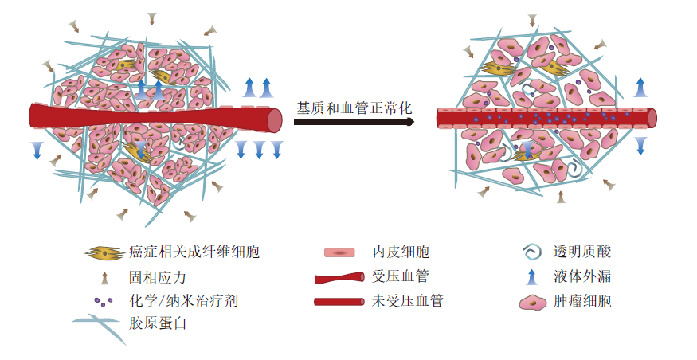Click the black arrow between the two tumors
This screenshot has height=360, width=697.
pos(354,122)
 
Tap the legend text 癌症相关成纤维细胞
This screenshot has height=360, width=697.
pos(194,253)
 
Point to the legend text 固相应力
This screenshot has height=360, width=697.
pos(157,277)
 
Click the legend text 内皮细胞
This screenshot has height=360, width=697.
pos(401,253)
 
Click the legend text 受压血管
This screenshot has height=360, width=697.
pos(401,277)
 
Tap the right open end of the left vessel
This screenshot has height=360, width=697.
pos(275,120)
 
